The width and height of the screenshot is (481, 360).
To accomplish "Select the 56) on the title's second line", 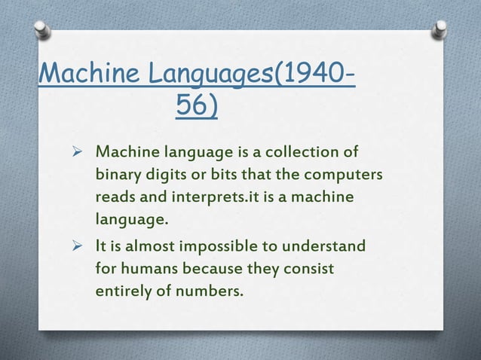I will point(198,107).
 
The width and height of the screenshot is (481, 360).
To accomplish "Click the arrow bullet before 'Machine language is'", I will point(75,154).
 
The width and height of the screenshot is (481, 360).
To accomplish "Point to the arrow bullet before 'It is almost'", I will point(75,246).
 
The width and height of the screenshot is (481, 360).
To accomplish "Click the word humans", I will point(150,268).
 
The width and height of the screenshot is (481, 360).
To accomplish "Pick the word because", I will point(216,268).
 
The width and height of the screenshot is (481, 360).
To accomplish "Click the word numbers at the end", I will point(209,291).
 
